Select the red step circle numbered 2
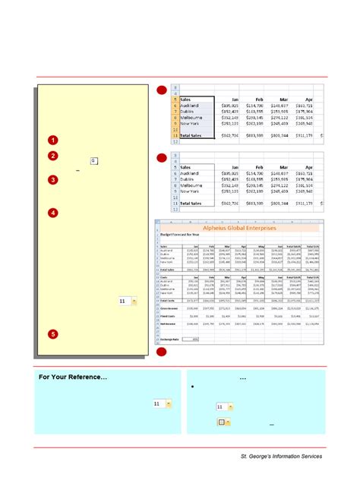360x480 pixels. pos(52,156)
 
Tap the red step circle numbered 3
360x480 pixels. pos(52,180)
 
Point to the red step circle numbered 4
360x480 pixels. pos(52,213)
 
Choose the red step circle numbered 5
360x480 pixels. pos(52,334)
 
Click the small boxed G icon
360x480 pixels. pos(93,161)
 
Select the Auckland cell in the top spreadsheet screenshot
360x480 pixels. pos(194,108)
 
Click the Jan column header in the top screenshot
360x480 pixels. pos(235,99)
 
